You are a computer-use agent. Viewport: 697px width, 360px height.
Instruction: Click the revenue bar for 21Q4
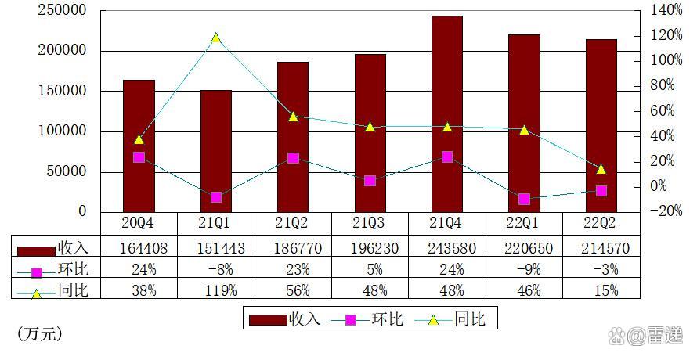tap(447, 113)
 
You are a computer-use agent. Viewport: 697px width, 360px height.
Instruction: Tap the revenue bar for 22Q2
tap(601, 125)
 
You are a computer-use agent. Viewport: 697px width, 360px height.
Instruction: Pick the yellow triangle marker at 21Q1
tap(216, 38)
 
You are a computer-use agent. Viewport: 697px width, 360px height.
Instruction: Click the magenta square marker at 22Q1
tap(524, 199)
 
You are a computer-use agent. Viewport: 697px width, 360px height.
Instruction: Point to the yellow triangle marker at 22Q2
tap(601, 168)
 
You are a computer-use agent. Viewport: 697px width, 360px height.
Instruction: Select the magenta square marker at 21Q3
tap(370, 181)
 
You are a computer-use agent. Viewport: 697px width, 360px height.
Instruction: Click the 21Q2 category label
tap(293, 223)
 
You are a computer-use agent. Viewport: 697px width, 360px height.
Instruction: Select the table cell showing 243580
tap(447, 249)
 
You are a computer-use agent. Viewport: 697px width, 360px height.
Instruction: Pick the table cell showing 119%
tap(216, 290)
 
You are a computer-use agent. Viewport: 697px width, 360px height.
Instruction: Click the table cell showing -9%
tap(524, 270)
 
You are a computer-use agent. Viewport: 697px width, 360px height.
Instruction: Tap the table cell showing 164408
tap(139, 249)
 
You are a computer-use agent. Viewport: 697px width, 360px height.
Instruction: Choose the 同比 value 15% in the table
tap(601, 290)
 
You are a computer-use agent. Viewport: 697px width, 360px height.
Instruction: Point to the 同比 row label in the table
tap(73, 290)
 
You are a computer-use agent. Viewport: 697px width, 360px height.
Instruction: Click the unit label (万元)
tap(40, 334)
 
